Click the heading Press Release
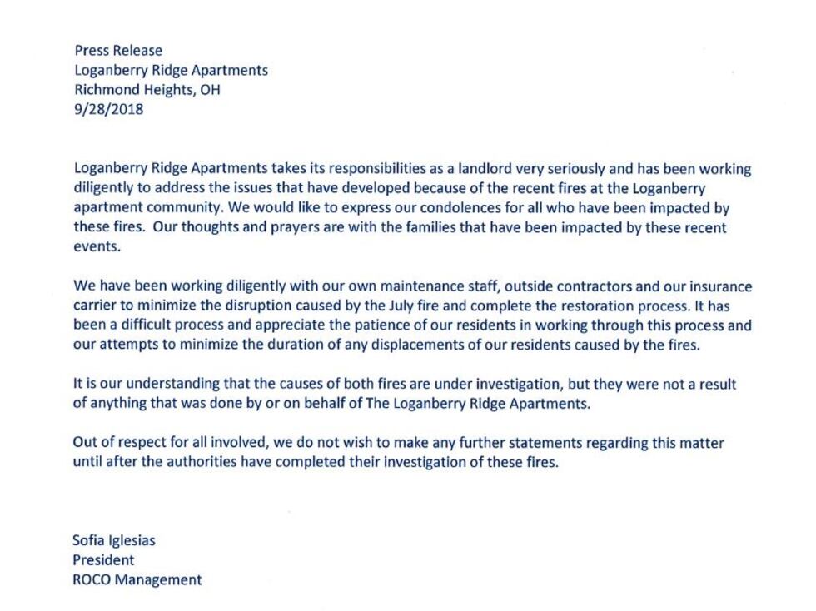(x=118, y=51)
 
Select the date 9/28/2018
(x=108, y=108)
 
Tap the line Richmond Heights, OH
(x=147, y=89)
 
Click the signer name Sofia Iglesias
(x=114, y=540)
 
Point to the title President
(x=103, y=560)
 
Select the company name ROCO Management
(x=137, y=580)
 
